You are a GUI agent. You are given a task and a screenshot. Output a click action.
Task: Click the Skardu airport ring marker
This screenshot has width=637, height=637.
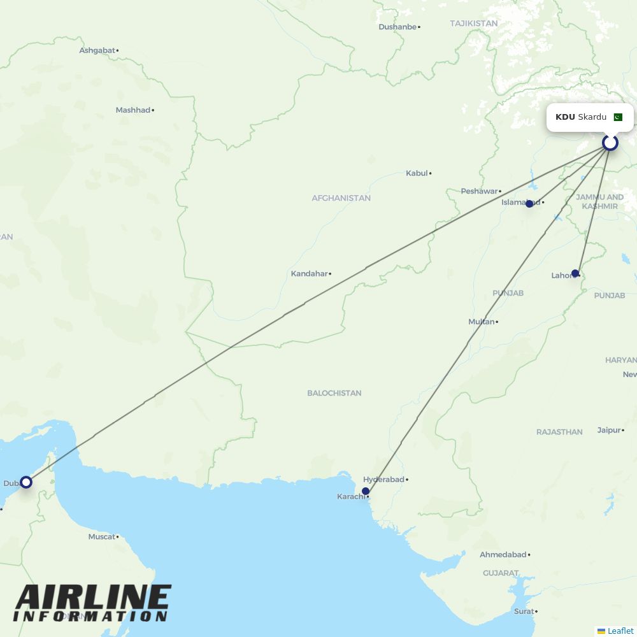click(x=610, y=143)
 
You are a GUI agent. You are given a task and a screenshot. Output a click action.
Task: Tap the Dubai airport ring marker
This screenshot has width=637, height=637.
click(x=25, y=482)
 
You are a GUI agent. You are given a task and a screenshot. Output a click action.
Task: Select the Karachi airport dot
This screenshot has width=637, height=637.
click(x=366, y=491)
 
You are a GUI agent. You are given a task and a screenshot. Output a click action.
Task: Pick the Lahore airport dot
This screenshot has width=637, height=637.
click(x=575, y=273)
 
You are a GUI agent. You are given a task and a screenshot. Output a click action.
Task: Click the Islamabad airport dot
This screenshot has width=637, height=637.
click(x=529, y=204)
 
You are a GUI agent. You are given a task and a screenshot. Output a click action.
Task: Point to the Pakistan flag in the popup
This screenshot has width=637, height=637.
click(x=618, y=117)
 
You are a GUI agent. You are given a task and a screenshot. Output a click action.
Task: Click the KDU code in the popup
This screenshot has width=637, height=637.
click(x=565, y=117)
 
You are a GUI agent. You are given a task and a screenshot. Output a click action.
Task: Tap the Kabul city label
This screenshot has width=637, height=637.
click(x=417, y=173)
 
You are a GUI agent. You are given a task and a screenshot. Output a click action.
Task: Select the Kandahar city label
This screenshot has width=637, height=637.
click(x=309, y=274)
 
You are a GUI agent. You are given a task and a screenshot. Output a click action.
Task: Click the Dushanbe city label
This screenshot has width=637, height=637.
click(x=397, y=27)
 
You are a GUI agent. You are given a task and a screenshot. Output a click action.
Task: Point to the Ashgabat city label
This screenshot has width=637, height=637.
click(x=97, y=50)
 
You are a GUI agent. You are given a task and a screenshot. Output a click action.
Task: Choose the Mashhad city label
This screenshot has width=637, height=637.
click(x=132, y=110)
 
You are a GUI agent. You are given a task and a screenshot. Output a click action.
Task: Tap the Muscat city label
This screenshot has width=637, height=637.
click(x=101, y=537)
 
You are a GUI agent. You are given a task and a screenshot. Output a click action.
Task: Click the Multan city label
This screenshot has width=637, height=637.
click(x=482, y=322)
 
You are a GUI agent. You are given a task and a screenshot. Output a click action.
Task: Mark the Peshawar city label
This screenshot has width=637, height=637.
click(x=479, y=191)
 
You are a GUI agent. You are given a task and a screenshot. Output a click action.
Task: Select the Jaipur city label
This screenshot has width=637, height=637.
click(x=609, y=430)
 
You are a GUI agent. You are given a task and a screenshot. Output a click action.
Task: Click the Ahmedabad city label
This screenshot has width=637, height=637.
click(x=503, y=555)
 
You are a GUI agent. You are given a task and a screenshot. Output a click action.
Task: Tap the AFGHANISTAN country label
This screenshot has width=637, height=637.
click(x=341, y=198)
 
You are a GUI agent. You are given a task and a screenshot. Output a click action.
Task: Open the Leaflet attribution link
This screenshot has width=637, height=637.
click(x=620, y=631)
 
